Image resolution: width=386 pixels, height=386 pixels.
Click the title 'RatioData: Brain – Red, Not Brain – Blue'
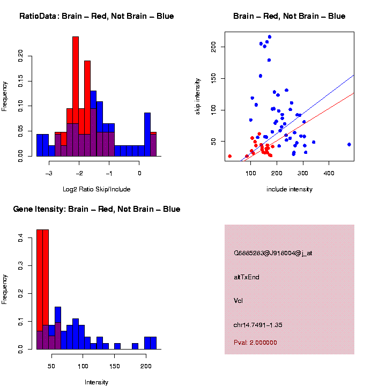click(96, 16)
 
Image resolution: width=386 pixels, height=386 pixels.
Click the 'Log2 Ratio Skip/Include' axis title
click(96, 189)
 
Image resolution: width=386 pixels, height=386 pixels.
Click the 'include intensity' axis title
click(289, 189)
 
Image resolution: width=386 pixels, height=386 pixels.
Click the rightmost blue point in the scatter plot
click(349, 144)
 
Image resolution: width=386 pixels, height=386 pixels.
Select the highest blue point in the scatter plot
click(270, 37)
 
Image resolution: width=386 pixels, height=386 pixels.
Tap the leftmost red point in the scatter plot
click(229, 156)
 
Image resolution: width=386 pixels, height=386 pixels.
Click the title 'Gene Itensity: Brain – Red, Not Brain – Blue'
click(96, 209)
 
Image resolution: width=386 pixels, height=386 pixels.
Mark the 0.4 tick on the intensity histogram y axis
click(21, 240)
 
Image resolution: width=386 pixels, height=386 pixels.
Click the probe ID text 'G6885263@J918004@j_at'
click(273, 253)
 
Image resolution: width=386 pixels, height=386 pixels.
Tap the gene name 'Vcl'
click(239, 301)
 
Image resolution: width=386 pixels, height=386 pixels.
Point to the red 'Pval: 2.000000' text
click(256, 343)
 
